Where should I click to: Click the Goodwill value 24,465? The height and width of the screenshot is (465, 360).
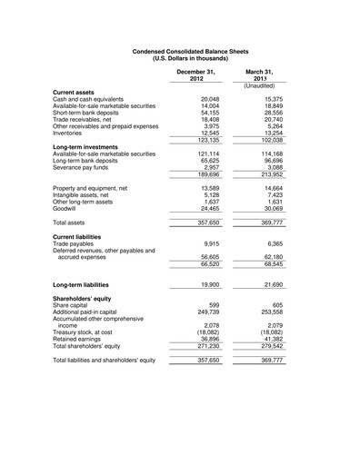(208, 207)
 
